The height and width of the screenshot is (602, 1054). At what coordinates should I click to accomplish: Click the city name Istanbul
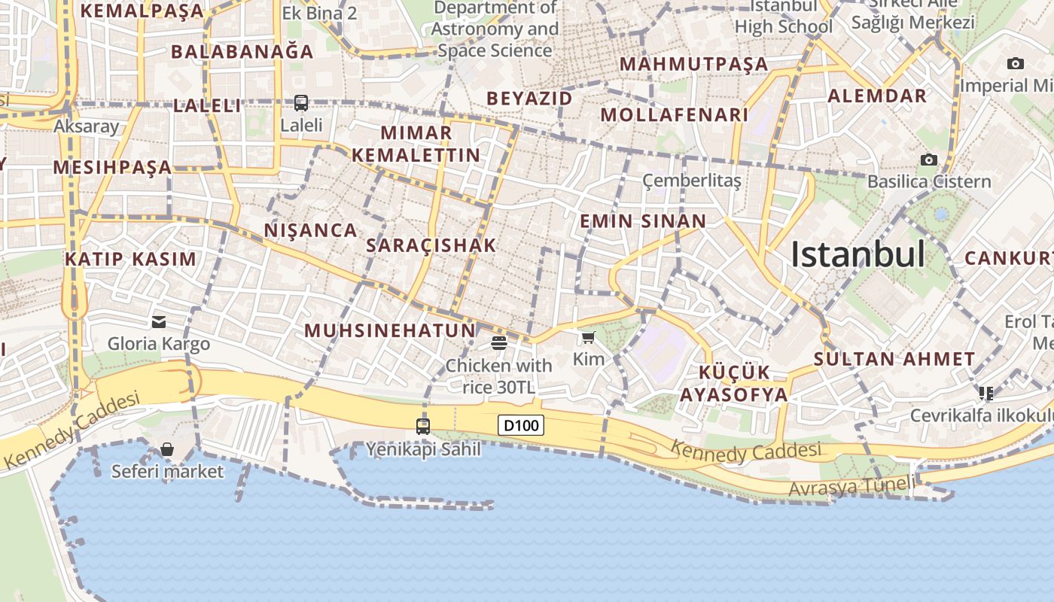[858, 254]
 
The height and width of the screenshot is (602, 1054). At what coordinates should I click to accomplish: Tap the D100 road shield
[521, 425]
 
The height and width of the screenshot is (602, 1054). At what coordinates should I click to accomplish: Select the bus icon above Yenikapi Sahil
[423, 427]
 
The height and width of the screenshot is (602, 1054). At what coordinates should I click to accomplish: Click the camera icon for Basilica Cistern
[929, 160]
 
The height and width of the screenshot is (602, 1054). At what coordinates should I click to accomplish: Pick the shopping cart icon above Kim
[588, 338]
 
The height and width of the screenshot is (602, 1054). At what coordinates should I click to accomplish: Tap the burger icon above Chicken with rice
[498, 343]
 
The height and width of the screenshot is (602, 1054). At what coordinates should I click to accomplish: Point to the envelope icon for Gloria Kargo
[159, 322]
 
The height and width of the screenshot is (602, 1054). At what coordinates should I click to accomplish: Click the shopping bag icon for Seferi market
[167, 449]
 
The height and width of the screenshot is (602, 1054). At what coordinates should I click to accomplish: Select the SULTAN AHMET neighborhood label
[894, 359]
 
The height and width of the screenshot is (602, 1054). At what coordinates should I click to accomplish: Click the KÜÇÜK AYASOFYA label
[734, 383]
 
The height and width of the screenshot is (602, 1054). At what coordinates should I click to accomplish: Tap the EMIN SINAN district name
[642, 221]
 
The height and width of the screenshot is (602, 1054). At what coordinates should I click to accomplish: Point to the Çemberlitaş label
[692, 181]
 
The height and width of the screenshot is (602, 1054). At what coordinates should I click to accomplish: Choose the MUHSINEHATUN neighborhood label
[390, 330]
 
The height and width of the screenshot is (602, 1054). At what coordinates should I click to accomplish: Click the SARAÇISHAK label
[431, 245]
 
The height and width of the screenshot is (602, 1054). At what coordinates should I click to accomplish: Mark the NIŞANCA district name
[310, 230]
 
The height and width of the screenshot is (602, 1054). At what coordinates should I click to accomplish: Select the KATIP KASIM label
[130, 259]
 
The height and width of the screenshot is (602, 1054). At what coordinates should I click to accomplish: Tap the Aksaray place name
[87, 126]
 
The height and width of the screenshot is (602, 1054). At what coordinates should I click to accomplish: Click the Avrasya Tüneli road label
[852, 486]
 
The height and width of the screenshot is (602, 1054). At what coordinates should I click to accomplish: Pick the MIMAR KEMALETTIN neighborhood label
[416, 144]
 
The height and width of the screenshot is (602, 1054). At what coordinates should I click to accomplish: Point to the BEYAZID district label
[529, 99]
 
